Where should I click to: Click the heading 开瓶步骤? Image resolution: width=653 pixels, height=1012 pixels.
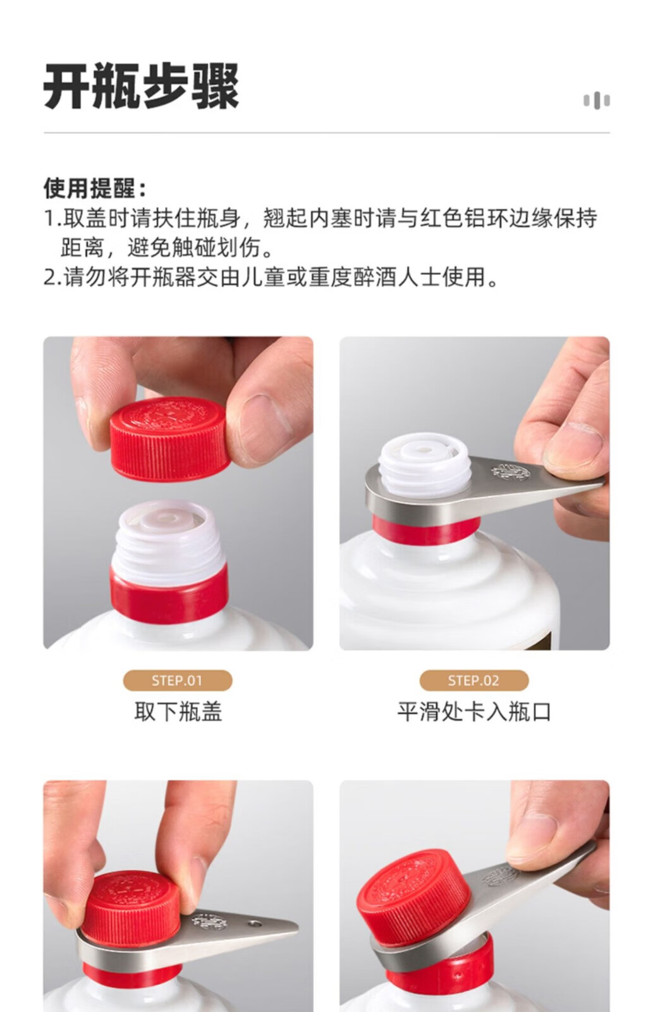pos(141,86)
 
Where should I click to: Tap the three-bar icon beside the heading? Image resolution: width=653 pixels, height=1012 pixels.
pos(597,101)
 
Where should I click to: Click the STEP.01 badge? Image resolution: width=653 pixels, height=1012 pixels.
pos(178,681)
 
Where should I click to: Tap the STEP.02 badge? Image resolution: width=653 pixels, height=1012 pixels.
pos(473,681)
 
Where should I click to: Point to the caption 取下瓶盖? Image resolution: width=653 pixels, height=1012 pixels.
pos(178,712)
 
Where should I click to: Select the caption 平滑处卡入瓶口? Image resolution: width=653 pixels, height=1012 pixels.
pos(474,712)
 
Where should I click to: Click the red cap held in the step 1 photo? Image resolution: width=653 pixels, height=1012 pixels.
pos(170,439)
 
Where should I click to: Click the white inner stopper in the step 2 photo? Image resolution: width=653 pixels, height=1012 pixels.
pos(425,463)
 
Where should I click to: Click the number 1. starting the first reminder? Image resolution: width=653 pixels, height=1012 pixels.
pos(52,218)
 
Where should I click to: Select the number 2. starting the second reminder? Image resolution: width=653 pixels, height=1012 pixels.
pos(52,277)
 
